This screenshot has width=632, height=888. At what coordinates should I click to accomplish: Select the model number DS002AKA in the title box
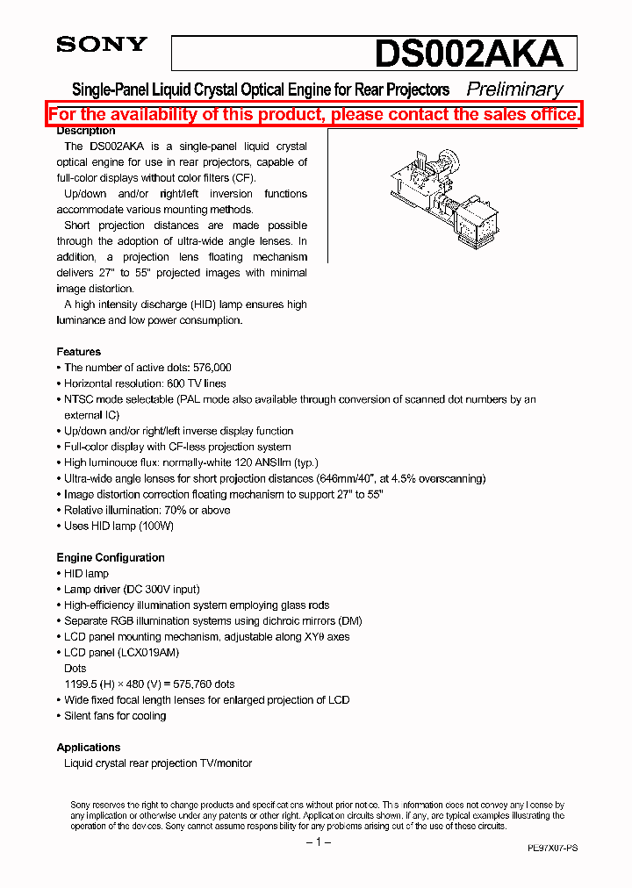point(469,54)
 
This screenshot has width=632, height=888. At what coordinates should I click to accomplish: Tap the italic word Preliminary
point(514,90)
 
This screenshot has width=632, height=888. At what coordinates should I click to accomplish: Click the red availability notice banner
point(314,115)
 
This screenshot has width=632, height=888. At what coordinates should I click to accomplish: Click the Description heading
point(86,131)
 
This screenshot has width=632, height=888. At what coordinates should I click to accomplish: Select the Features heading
point(78,352)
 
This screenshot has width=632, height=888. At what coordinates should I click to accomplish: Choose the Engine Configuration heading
point(111,557)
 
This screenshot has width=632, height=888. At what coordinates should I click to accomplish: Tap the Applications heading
point(89,748)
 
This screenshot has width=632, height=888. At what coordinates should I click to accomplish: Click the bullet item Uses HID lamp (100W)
point(118,526)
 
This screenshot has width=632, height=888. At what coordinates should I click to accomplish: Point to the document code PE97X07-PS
point(552,849)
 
